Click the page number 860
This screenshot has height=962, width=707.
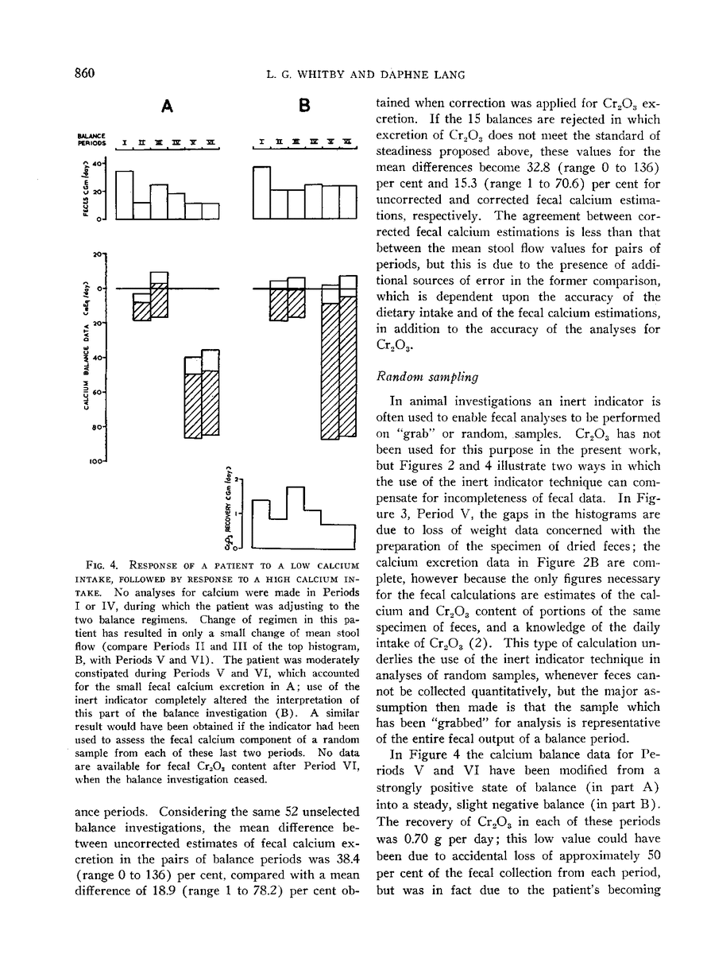click(x=79, y=74)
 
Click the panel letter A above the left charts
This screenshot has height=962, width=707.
click(x=168, y=105)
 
